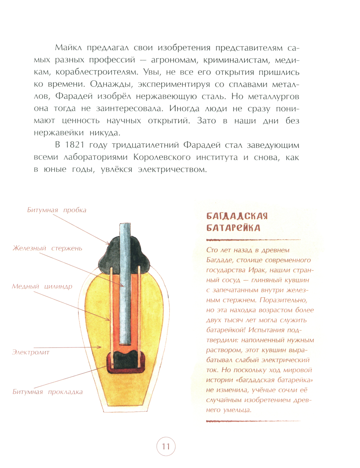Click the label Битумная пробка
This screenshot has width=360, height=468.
57,210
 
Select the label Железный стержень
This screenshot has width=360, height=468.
48,248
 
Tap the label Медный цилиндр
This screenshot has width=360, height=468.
42,287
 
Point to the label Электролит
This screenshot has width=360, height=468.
31,352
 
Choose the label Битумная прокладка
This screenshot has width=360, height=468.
48,392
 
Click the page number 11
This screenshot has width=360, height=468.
166,447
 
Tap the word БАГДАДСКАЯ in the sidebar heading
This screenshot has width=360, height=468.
237,216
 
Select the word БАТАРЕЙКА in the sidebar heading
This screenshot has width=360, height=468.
233,228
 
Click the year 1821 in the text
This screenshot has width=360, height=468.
75,145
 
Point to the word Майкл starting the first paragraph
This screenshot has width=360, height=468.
69,48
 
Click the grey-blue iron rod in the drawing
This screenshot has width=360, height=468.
125,281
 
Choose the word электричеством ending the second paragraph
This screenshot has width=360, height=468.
172,170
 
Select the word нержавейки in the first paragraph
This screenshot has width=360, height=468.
59,133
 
